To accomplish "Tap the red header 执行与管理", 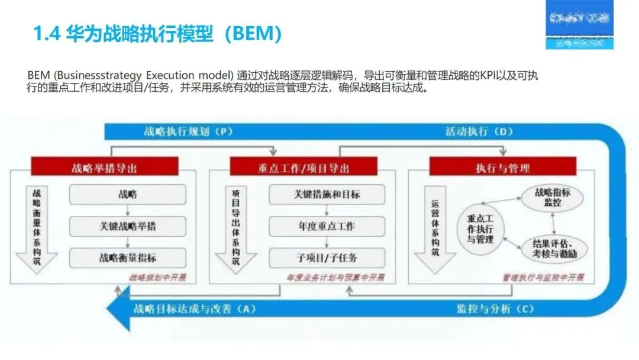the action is click(502, 168).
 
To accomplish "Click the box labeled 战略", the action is click(128, 194).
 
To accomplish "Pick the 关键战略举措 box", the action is click(128, 226).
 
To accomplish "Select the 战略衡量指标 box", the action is click(128, 258).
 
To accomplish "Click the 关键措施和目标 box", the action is click(327, 194).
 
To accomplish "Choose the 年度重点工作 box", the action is click(327, 226).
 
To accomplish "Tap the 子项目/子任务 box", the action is click(327, 258).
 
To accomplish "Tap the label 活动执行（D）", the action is click(479, 131).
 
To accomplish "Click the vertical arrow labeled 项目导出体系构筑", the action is click(236, 228).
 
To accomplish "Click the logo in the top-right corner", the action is click(579, 25).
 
